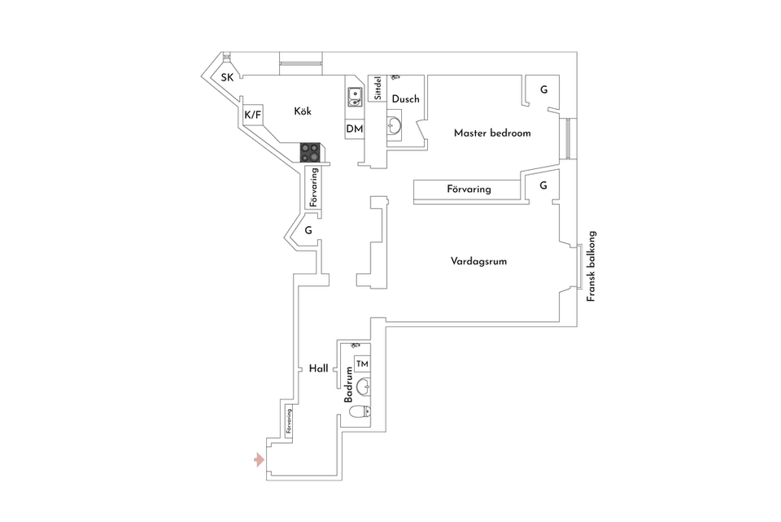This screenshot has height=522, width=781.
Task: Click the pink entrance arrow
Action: (259, 461)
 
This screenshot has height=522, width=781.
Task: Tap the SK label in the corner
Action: (228, 78)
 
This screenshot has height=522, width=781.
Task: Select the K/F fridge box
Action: (253, 115)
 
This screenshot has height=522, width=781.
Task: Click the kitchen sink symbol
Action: (354, 98)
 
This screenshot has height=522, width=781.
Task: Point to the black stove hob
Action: (311, 150)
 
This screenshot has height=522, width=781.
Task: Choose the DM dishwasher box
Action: (354, 129)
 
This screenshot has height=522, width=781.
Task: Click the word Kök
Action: (303, 111)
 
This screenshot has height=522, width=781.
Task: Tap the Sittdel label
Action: (377, 89)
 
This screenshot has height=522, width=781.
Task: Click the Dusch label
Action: (405, 99)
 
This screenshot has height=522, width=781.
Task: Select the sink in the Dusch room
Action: (395, 127)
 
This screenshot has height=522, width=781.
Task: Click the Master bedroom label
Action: (492, 133)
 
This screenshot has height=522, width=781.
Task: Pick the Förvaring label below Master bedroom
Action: (469, 189)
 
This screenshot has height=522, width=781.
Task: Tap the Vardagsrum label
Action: (479, 262)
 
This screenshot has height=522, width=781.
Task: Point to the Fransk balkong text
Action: (592, 268)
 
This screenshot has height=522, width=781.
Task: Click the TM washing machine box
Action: (362, 363)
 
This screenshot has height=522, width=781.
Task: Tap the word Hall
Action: (318, 368)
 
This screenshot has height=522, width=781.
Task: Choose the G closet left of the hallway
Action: (308, 231)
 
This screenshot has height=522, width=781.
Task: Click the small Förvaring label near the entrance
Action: (289, 424)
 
